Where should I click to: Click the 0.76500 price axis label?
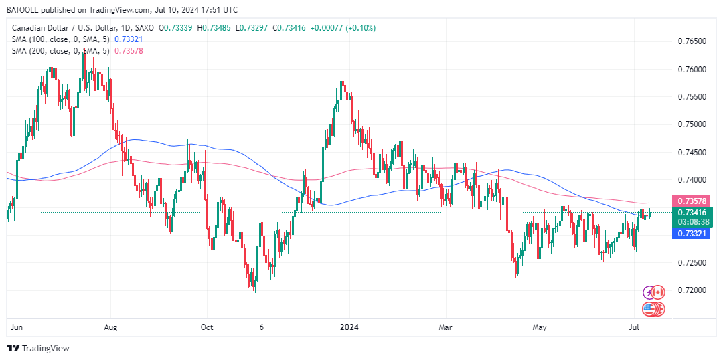coord(691,41)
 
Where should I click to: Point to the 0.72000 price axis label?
coord(691,290)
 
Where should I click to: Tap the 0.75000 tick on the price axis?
coord(691,124)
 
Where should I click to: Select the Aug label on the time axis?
coord(111,327)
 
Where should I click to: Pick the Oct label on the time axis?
coord(207,327)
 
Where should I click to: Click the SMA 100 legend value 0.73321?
coord(129,39)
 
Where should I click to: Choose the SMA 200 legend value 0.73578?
coord(129,51)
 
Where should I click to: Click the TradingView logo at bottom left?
coord(38,348)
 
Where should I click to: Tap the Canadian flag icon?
coord(658,292)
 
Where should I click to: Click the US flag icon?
coord(649,309)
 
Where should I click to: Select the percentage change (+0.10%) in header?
coord(361,28)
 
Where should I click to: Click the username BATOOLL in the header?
coord(25,10)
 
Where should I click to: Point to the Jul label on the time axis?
coord(633,327)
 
